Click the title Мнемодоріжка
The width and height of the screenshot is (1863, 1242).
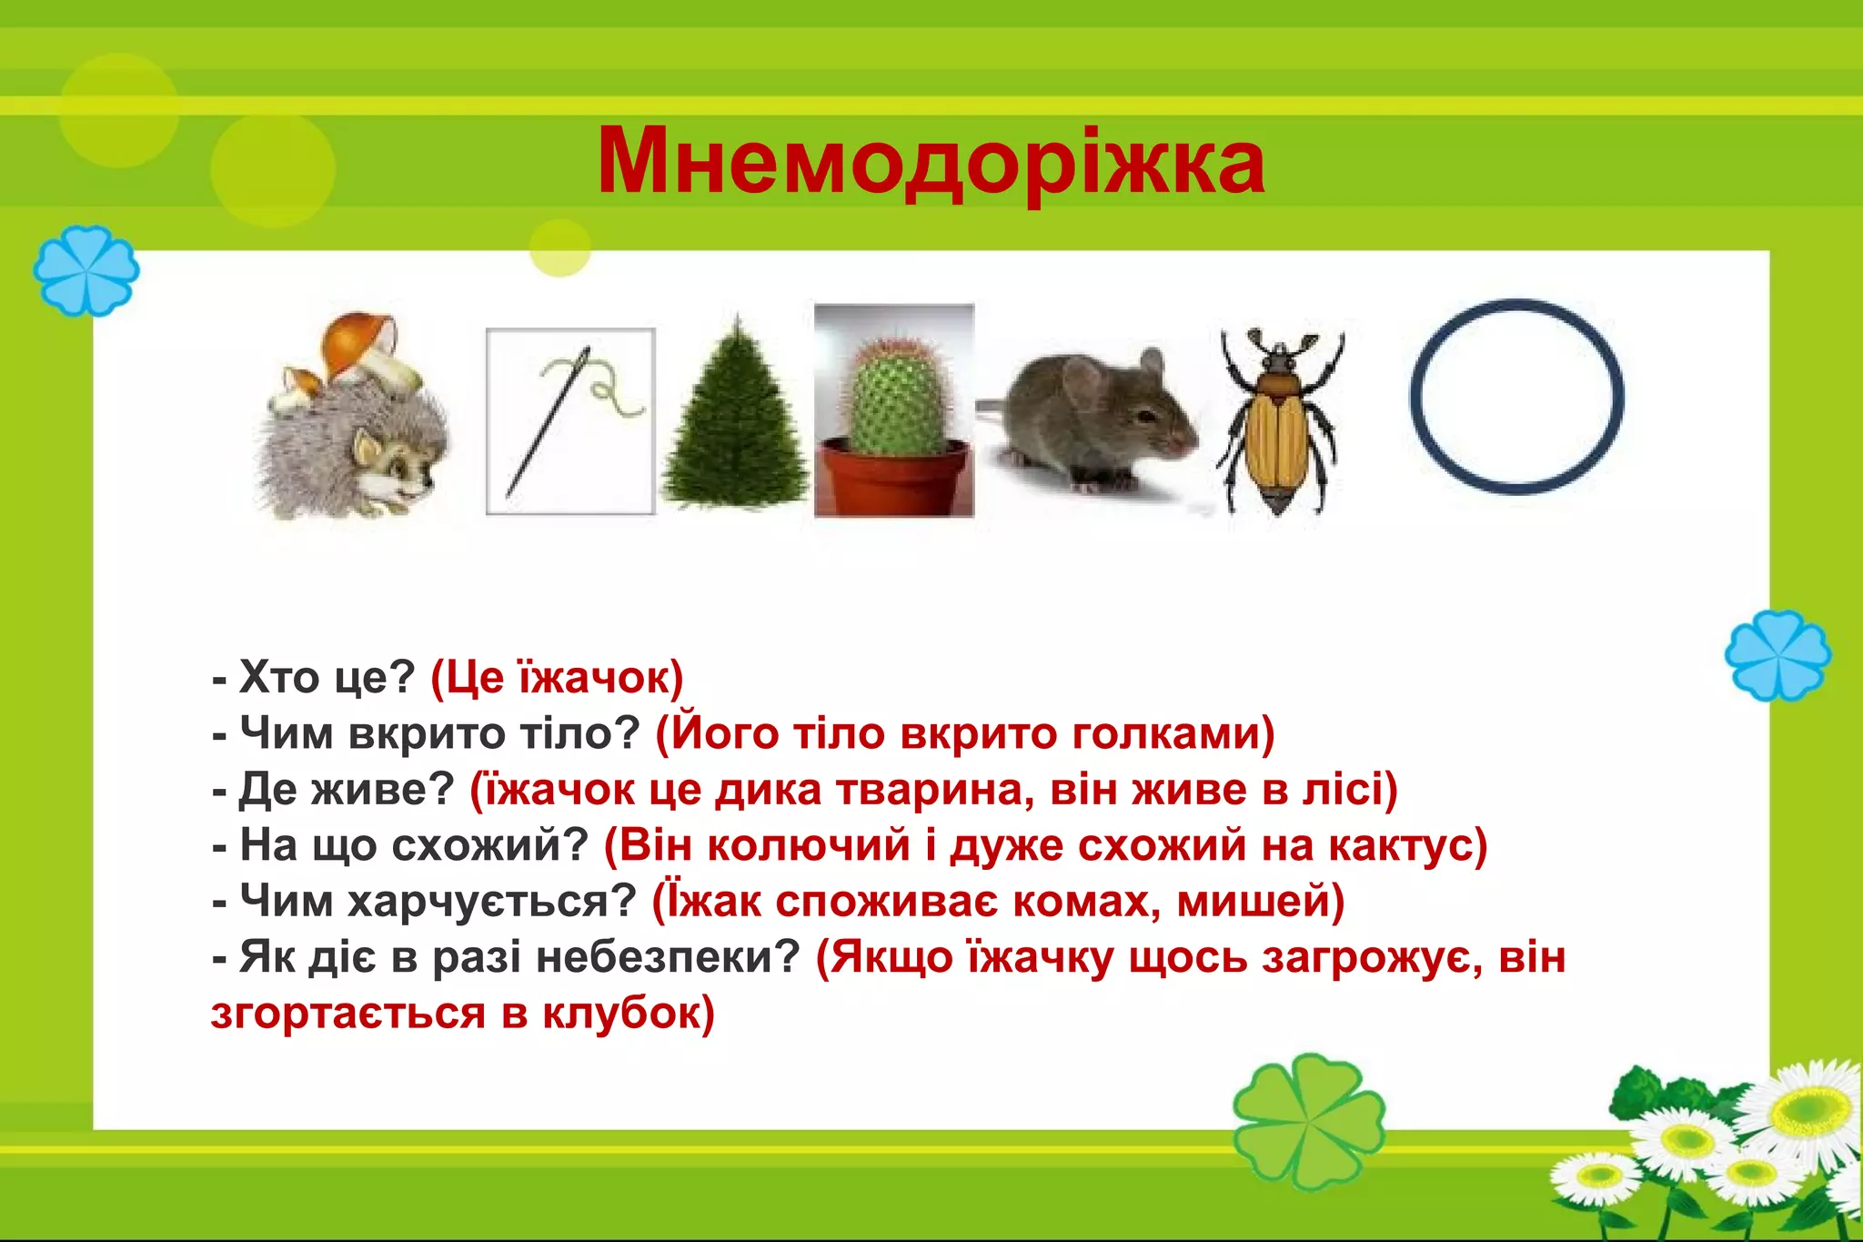930,162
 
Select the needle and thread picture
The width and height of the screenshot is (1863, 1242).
570,421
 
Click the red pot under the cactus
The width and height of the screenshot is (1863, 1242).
894,478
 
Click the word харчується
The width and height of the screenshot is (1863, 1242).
491,902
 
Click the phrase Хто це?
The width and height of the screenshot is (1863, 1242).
326,678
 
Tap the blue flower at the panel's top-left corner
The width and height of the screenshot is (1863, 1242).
86,271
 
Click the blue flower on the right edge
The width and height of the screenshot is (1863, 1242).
1777,655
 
